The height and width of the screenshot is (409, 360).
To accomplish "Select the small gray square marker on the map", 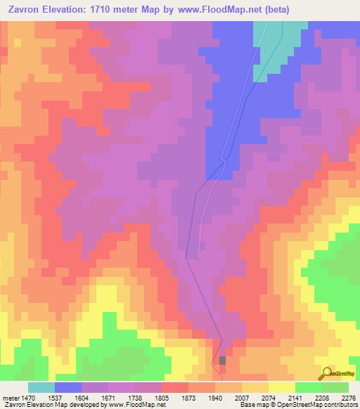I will pos(223,360).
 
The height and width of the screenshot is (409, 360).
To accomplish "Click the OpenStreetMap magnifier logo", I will pos(328,372).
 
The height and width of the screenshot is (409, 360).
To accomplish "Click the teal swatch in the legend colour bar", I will pos(41,387).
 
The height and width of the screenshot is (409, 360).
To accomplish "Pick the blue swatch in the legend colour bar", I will pos(68,387).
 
